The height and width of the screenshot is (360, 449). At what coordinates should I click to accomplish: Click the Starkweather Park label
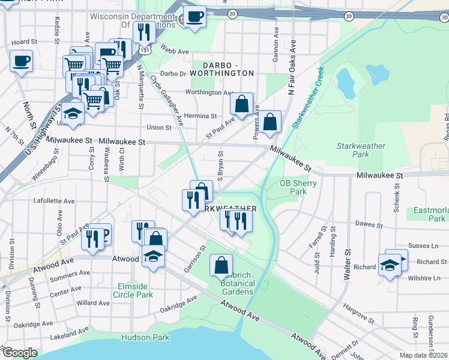pos(361,150)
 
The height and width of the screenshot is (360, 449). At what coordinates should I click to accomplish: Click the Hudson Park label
pos(145,337)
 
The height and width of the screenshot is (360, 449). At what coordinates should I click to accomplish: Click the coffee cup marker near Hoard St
pos(21,61)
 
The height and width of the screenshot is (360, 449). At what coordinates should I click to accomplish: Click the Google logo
pos(20,353)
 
